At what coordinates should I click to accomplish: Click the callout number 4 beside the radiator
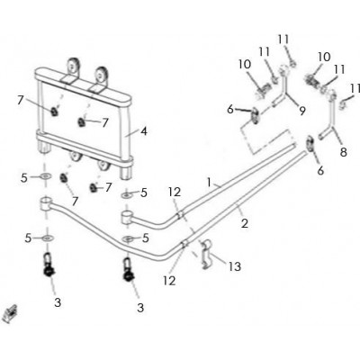coord(144,131)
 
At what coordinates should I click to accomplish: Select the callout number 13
coord(235,266)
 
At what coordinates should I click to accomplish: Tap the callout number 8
coord(343,152)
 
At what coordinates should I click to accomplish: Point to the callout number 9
coord(302,111)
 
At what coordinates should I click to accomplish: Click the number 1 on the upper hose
coord(210,182)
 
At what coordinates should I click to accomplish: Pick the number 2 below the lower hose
coord(245,223)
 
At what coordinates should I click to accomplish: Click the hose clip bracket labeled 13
coord(206,254)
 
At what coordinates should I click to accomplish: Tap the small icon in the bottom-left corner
coord(10,314)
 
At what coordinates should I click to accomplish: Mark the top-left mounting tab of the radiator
coord(72,67)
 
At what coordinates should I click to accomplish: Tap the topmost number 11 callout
coord(283,40)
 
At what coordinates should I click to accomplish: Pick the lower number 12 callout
coord(169,281)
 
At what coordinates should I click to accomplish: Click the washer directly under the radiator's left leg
coord(45,175)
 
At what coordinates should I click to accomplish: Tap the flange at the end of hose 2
coord(310,144)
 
